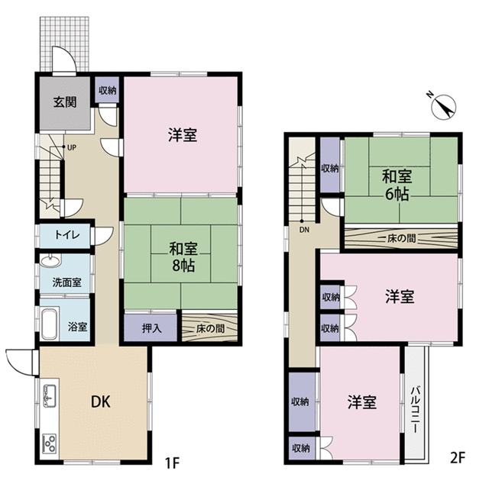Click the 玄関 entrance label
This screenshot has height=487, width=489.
click(65, 102)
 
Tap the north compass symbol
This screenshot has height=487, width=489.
click(443, 107)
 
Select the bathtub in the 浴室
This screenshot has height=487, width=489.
click(49, 324)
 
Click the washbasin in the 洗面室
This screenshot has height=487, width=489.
click(49, 261)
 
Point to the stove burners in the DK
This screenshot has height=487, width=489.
click(50, 443)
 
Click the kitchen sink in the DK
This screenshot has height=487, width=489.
click(49, 395)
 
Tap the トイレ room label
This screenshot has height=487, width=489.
click(67, 234)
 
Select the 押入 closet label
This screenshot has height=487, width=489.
click(151, 328)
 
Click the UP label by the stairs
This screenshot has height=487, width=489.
click(71, 147)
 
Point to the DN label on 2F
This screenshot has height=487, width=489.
click(304, 230)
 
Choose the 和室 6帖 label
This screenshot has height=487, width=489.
click(397, 185)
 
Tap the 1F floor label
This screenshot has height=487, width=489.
click(172, 464)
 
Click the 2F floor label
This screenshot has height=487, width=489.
click(458, 458)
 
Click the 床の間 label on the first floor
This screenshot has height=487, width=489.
click(211, 328)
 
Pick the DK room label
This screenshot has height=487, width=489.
click(100, 402)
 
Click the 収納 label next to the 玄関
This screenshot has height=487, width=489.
click(107, 90)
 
